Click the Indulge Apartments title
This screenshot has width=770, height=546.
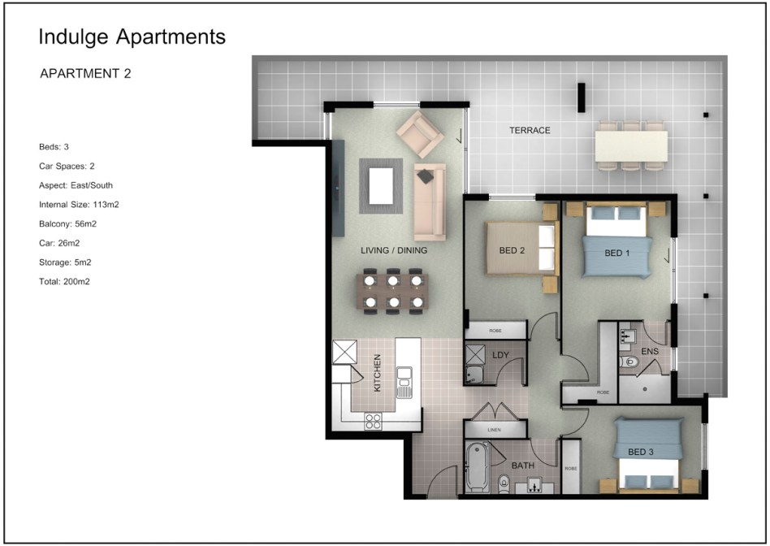[x=132, y=37]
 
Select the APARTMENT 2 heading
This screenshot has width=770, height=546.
[x=85, y=74]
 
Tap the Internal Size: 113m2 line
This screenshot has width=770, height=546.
[x=79, y=205]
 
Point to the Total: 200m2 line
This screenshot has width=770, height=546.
[x=64, y=282]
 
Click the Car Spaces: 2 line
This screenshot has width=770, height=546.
[x=67, y=166]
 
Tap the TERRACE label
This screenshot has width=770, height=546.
[x=530, y=130]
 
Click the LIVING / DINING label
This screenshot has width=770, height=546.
[x=394, y=250]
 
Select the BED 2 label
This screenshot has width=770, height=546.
[x=512, y=250]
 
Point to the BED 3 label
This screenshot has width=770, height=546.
[x=640, y=452]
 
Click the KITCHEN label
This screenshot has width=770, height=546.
[x=377, y=373]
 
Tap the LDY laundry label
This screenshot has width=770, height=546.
[x=500, y=355]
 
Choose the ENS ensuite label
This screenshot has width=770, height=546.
[x=650, y=351]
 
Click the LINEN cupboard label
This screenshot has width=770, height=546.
[x=494, y=430]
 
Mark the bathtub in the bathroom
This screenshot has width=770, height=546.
[x=478, y=467]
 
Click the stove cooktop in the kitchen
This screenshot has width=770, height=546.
[x=373, y=421]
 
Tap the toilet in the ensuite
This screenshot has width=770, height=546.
[x=628, y=362]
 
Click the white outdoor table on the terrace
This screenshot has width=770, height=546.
[x=631, y=146]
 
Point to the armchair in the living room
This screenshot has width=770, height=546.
[x=421, y=134]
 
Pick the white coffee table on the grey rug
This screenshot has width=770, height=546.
[x=381, y=186]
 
